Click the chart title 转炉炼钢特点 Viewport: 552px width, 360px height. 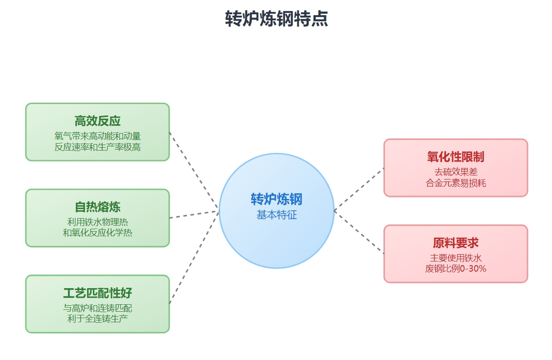pyautogui.click(x=276, y=19)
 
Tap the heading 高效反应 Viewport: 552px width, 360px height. pyautogui.click(x=98, y=121)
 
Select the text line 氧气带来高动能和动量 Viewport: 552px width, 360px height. pyautogui.click(x=98, y=136)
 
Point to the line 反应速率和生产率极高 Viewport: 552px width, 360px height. pyautogui.click(x=98, y=147)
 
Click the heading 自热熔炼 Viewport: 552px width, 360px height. pyautogui.click(x=98, y=207)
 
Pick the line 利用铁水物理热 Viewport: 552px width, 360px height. pyautogui.click(x=98, y=222)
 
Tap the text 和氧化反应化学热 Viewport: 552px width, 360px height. pyautogui.click(x=98, y=233)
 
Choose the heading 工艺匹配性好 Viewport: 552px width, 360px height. pyautogui.click(x=98, y=293)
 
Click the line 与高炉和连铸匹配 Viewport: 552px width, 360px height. pyautogui.click(x=98, y=308)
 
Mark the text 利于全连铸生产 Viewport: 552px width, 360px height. pyautogui.click(x=98, y=319)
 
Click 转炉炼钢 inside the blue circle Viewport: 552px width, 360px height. pyautogui.click(x=276, y=199)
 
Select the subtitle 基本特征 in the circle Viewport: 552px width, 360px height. pyautogui.click(x=276, y=215)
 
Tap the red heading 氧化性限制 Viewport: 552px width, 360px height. pyautogui.click(x=456, y=157)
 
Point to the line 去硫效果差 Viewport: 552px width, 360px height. pyautogui.click(x=456, y=172)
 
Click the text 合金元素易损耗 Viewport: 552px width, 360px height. pyautogui.click(x=456, y=183)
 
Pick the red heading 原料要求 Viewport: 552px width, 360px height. pyautogui.click(x=456, y=243)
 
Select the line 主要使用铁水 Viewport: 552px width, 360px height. pyautogui.click(x=456, y=258)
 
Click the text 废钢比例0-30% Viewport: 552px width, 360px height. pyautogui.click(x=456, y=269)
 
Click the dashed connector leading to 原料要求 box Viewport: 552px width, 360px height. pyautogui.click(x=359, y=232)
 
